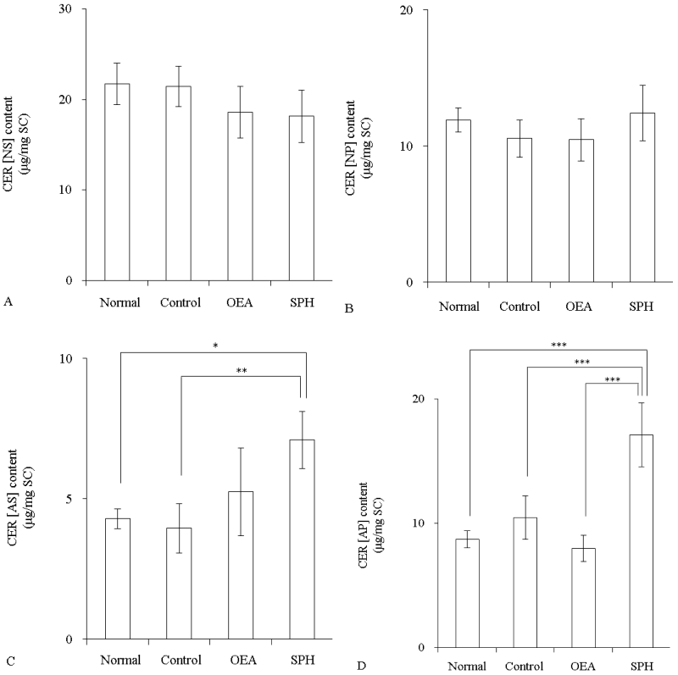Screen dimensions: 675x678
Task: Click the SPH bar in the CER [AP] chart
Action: tap(641, 541)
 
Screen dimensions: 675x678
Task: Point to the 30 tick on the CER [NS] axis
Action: tap(67, 9)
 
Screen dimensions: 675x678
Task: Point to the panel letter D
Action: tap(361, 667)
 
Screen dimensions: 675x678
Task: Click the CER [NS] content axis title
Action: tap(16, 146)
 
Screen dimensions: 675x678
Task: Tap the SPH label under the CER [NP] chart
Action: tap(642, 306)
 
